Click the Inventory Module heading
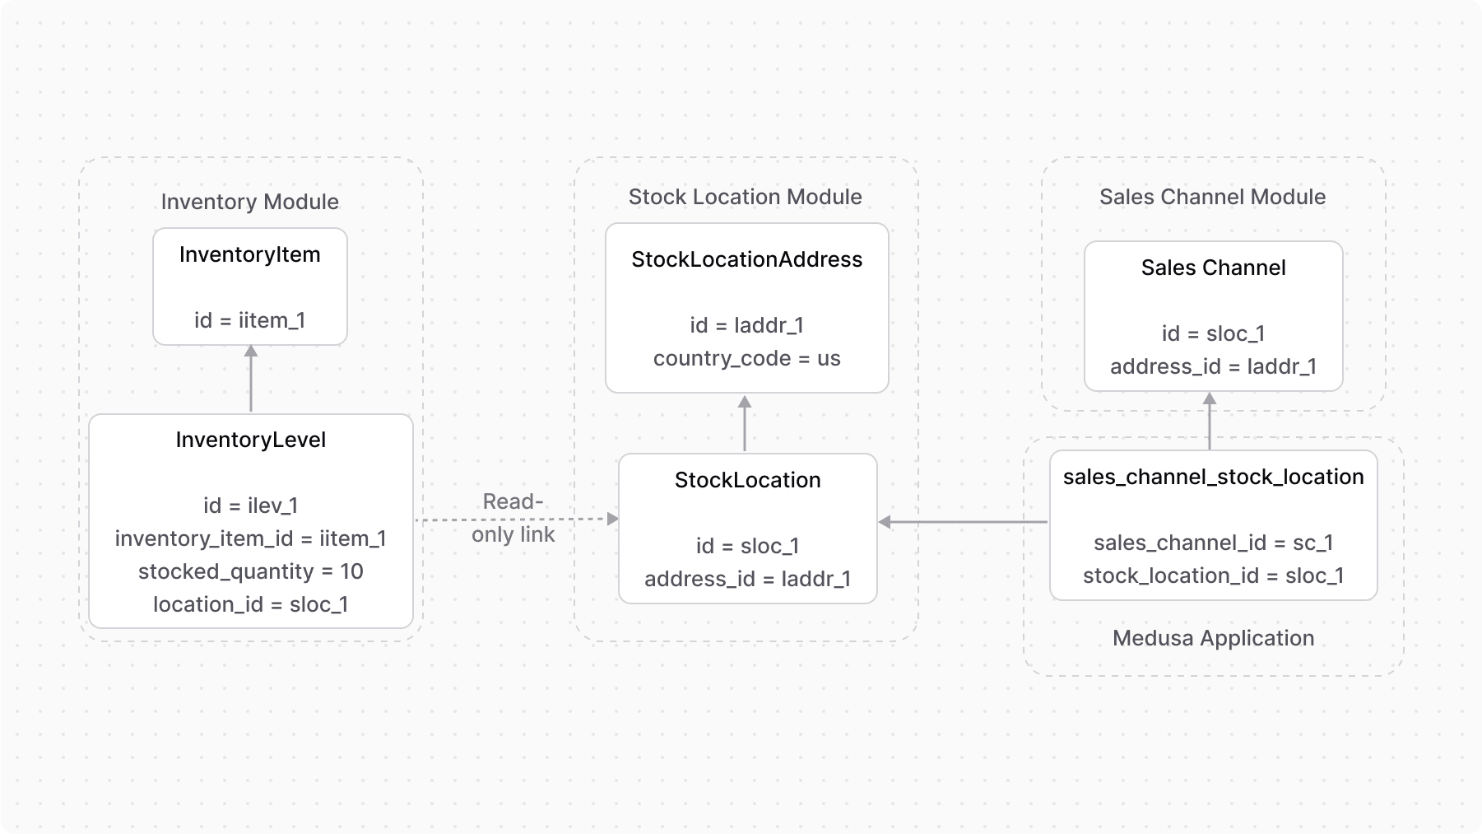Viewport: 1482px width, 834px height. pyautogui.click(x=249, y=202)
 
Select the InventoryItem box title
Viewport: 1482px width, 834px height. pyautogui.click(x=249, y=254)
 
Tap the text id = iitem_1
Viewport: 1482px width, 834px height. pyautogui.click(x=249, y=320)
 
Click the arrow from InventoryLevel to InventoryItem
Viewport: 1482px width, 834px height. pyautogui.click(x=251, y=380)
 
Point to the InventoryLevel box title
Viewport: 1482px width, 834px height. pyautogui.click(x=250, y=440)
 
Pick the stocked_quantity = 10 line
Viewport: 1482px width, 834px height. pyautogui.click(x=250, y=571)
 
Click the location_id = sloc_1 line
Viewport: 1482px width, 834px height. pyautogui.click(x=250, y=604)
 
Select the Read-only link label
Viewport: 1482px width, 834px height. pyautogui.click(x=513, y=518)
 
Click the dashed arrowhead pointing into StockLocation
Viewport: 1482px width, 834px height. pyautogui.click(x=611, y=519)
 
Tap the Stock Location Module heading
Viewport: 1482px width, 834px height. pyautogui.click(x=745, y=197)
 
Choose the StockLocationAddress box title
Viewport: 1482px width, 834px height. pyautogui.click(x=746, y=259)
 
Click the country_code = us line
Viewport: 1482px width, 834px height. pyautogui.click(x=746, y=358)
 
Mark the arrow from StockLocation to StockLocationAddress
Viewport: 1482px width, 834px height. pyautogui.click(x=745, y=423)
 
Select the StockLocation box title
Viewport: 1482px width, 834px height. pyautogui.click(x=747, y=480)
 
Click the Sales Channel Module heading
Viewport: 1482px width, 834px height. pyautogui.click(x=1212, y=197)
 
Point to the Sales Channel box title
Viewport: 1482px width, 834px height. pyautogui.click(x=1213, y=268)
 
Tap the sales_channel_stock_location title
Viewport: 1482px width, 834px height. pyautogui.click(x=1213, y=477)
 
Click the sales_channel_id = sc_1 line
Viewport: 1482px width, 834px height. pyautogui.click(x=1213, y=543)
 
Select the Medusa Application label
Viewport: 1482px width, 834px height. pyautogui.click(x=1213, y=638)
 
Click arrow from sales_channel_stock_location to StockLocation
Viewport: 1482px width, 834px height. pyautogui.click(x=963, y=522)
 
